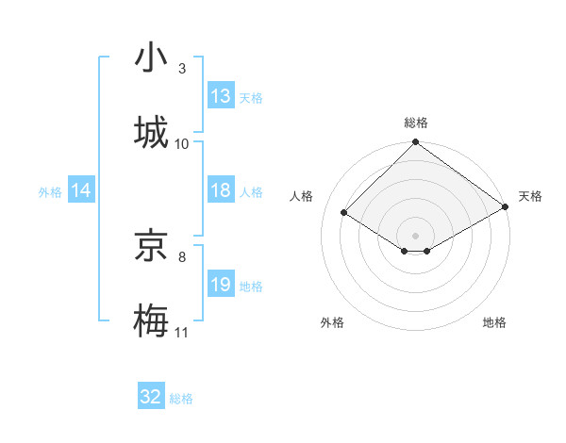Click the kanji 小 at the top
point(152,58)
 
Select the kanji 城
point(152,133)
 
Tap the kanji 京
point(152,247)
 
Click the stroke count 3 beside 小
point(182,69)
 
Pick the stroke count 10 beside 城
point(182,144)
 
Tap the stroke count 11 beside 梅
point(182,333)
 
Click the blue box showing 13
point(221,96)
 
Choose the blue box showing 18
point(221,190)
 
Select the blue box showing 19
point(221,285)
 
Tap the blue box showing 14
point(81,190)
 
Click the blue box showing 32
point(151,397)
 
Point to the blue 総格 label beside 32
point(182,399)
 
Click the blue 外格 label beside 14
point(50,192)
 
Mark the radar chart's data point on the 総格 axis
point(415,143)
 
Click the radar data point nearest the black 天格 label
point(506,207)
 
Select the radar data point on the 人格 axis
point(344,213)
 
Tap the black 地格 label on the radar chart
point(494,323)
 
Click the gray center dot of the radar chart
point(415,235)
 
